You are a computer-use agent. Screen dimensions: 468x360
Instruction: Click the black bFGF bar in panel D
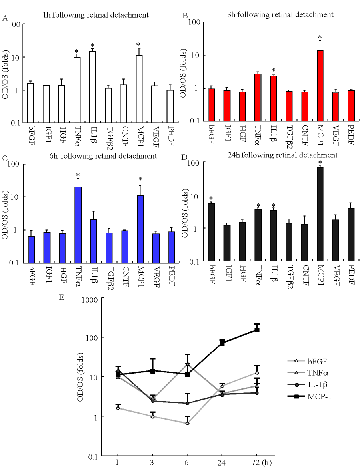pyautogui.click(x=212, y=232)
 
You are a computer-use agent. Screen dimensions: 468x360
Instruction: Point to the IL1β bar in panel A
pyautogui.click(x=92, y=87)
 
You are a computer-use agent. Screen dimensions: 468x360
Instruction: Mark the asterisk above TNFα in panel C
pyautogui.click(x=78, y=175)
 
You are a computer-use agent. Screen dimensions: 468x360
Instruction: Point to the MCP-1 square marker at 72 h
pyautogui.click(x=257, y=330)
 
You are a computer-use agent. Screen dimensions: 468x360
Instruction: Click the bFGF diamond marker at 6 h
pyautogui.click(x=187, y=423)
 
